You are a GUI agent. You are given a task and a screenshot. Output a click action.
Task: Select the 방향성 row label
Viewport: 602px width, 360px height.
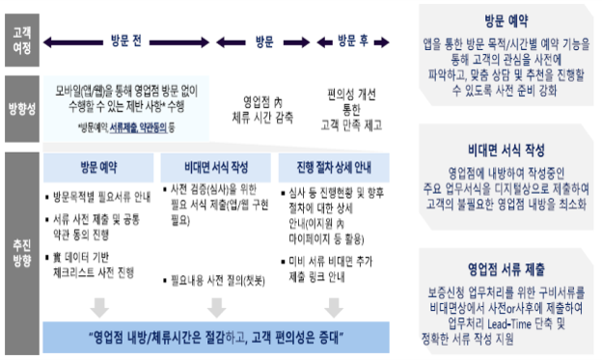click(19, 109)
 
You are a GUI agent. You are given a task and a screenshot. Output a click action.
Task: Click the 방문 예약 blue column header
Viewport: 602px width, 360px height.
click(98, 165)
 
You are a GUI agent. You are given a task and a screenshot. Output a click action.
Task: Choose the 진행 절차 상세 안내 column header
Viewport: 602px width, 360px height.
click(334, 165)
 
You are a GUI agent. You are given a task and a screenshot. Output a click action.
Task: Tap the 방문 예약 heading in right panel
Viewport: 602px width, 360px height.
click(506, 20)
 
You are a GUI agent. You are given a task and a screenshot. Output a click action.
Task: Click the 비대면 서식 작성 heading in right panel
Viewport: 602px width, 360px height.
click(506, 151)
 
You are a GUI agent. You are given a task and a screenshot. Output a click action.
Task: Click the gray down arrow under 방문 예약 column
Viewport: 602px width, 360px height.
click(98, 306)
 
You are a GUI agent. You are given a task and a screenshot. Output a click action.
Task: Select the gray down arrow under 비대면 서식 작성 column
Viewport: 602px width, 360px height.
click(216, 306)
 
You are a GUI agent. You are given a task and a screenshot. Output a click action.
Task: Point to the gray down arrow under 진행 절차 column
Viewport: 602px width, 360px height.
click(334, 306)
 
